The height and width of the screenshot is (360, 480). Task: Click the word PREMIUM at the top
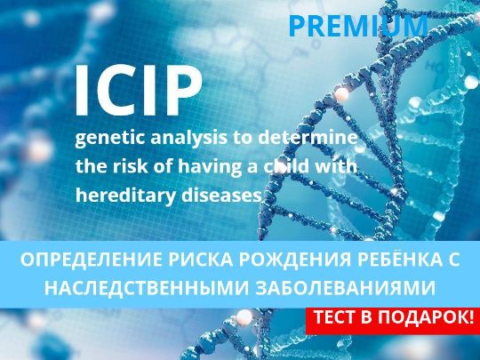pos(358,26)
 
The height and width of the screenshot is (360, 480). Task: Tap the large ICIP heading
pos(139,91)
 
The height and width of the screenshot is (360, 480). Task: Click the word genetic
pos(110,139)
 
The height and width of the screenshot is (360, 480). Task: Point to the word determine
pos(308,137)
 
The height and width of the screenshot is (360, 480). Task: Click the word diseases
pos(221,195)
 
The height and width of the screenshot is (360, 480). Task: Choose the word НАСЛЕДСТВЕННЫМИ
pos(147,288)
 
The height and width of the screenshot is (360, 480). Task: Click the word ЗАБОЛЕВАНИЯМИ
pos(345,288)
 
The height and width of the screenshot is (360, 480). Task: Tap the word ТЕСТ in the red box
pos(335,317)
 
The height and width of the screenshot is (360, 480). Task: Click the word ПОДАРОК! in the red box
pos(426,318)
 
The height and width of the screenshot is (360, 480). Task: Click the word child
pos(286,166)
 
